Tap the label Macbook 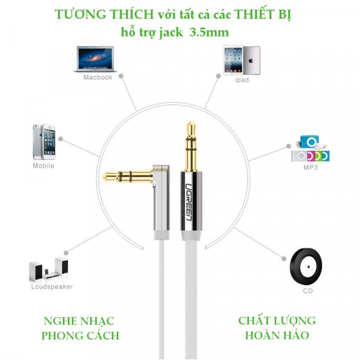pos(97,77)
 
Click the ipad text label pos(241,80)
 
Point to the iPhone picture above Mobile pos(44,142)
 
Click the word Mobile pos(43,166)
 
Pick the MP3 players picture pos(310,149)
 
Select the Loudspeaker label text pos(52,287)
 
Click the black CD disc pos(305,265)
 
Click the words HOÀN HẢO pos(277,335)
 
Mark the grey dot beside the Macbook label pos(121,76)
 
